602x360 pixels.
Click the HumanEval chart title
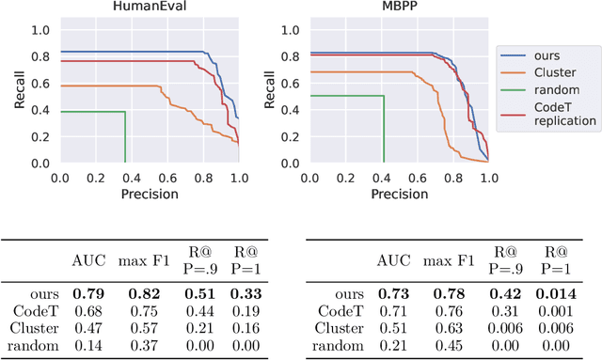click(149, 8)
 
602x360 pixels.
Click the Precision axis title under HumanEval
click(149, 194)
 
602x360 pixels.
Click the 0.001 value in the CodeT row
click(554, 311)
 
